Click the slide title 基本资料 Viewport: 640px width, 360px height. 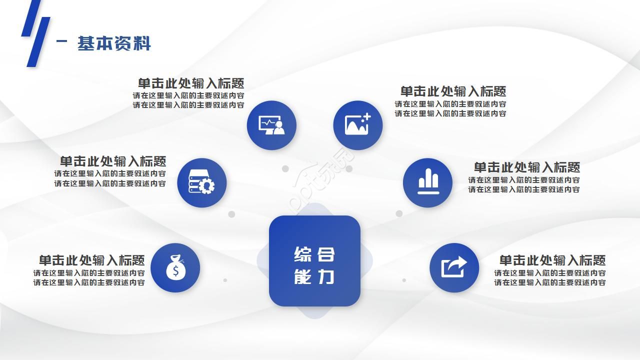pyautogui.click(x=114, y=43)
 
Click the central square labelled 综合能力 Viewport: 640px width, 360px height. pyautogui.click(x=314, y=260)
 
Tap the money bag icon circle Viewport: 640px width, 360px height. pyautogui.click(x=175, y=268)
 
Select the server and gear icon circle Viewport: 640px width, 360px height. pyautogui.click(x=202, y=183)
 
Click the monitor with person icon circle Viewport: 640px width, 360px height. pyautogui.click(x=271, y=125)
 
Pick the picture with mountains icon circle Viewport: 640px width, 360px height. pyautogui.click(x=358, y=125)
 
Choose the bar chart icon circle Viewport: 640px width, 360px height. pyautogui.click(x=428, y=183)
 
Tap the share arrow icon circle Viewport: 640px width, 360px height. pyautogui.click(x=454, y=268)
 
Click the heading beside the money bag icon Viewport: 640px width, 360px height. pyautogui.click(x=92, y=260)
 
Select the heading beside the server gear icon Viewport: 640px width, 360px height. pyautogui.click(x=113, y=161)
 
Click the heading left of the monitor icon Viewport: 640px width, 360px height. pyautogui.click(x=191, y=83)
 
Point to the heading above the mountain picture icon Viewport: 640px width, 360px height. pyautogui.click(x=453, y=91)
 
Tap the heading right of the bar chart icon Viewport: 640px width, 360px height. pyautogui.click(x=527, y=167)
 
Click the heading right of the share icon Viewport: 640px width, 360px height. pyautogui.click(x=552, y=260)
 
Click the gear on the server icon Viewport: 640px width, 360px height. pyautogui.click(x=206, y=186)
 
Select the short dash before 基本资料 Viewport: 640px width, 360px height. pyautogui.click(x=62, y=42)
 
